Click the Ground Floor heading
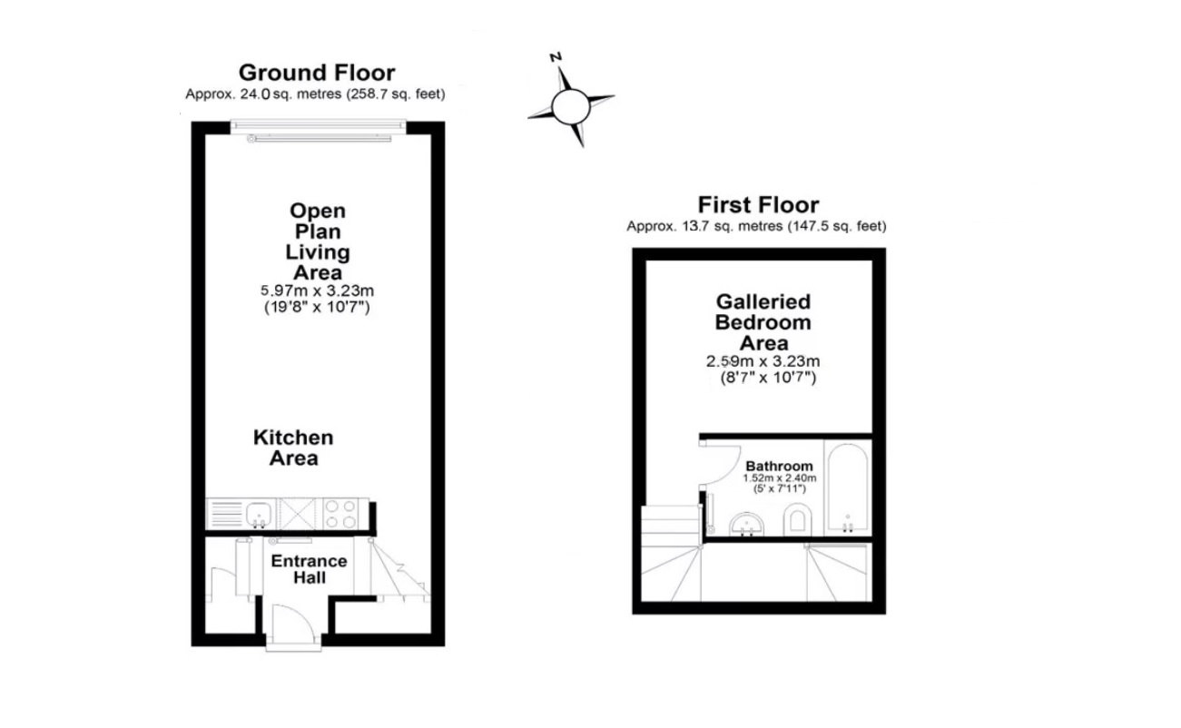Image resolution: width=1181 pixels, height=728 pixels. click(x=316, y=73)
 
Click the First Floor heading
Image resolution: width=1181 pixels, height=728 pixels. click(x=758, y=204)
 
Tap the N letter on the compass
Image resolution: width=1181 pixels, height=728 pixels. click(x=556, y=57)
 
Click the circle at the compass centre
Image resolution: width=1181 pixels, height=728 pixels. click(x=570, y=107)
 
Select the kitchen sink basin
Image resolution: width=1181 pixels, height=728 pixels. click(x=259, y=514)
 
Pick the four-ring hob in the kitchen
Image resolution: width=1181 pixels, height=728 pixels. click(x=340, y=514)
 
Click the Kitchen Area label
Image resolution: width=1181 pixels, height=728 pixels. click(x=293, y=448)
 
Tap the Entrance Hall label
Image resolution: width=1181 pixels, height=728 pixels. click(x=309, y=569)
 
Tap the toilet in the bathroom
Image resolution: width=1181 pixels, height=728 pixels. click(x=797, y=519)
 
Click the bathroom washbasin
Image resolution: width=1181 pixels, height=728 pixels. click(x=746, y=524)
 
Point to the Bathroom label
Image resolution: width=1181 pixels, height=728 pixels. click(x=779, y=466)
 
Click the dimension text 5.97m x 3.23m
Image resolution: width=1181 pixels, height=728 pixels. click(x=318, y=290)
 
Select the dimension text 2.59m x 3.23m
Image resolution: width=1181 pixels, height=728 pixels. click(x=763, y=361)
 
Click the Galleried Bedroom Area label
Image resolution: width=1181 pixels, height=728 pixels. click(x=763, y=322)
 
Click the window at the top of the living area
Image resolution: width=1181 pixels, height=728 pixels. click(x=319, y=126)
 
